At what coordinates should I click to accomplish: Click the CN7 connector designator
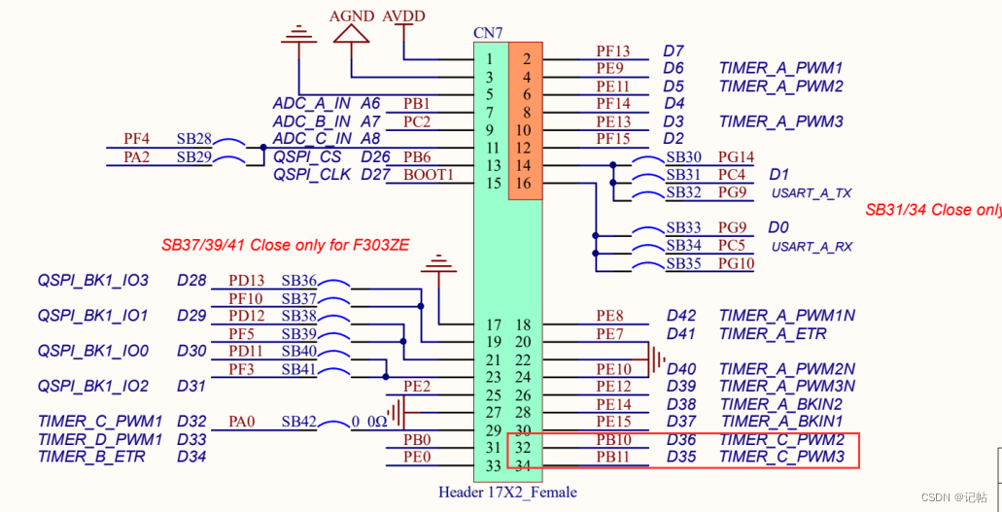(488, 33)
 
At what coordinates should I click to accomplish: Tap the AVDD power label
(403, 17)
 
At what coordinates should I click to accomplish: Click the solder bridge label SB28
(193, 140)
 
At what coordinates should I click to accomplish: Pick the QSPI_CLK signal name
(311, 175)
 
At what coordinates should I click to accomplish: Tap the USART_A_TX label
(812, 193)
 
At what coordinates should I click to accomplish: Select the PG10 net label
(736, 263)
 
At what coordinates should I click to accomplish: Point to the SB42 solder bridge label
(298, 422)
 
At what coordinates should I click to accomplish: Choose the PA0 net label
(242, 422)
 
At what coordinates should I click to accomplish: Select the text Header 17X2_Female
(507, 493)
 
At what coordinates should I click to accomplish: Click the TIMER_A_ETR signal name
(773, 333)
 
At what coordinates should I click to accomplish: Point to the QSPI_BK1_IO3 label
(92, 281)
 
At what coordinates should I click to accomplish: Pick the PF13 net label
(612, 51)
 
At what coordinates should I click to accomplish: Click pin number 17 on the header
(493, 324)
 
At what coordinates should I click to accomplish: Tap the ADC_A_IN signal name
(311, 104)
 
